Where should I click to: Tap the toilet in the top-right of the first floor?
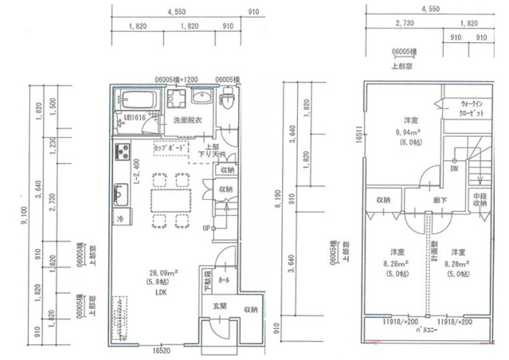pyautogui.click(x=227, y=100)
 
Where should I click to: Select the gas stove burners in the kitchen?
pyautogui.click(x=122, y=151)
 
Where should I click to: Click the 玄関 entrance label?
pyautogui.click(x=220, y=306)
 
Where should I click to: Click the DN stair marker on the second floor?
pyautogui.click(x=453, y=169)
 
